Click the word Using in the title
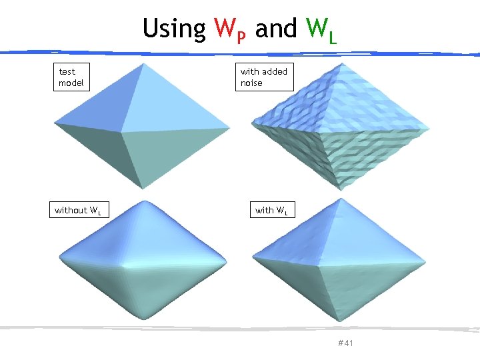tap(174, 29)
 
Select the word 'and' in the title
tap(277, 29)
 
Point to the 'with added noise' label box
tap(264, 77)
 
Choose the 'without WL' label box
tap(78, 211)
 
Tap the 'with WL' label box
tap(271, 211)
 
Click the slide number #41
tap(345, 343)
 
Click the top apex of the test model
tap(141, 63)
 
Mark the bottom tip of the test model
tap(141, 189)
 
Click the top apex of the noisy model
tap(339, 63)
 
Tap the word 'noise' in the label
tap(252, 83)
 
